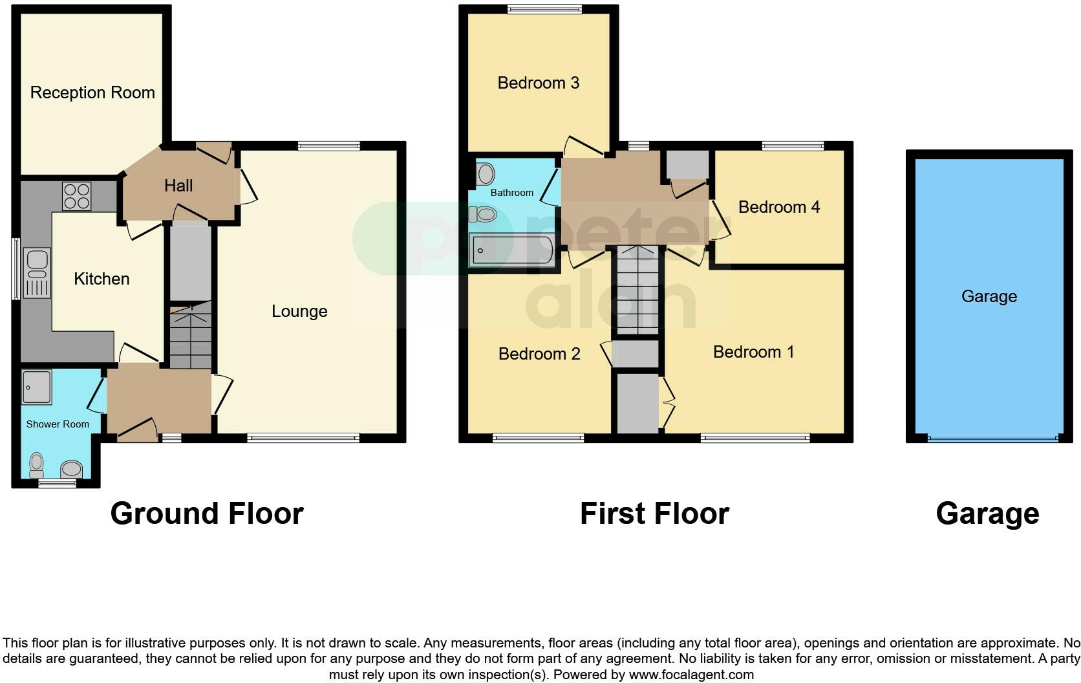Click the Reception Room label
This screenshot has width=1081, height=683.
pyautogui.click(x=92, y=92)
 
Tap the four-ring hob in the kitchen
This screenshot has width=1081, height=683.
pyautogui.click(x=77, y=197)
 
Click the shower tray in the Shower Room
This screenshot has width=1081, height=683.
pyautogui.click(x=36, y=387)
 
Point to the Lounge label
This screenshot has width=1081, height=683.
pyautogui.click(x=299, y=311)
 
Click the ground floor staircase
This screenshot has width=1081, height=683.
pyautogui.click(x=191, y=336)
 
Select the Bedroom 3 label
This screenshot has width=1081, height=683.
pyautogui.click(x=538, y=83)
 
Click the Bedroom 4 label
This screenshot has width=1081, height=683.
pyautogui.click(x=778, y=207)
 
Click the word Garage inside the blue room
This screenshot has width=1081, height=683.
pyautogui.click(x=989, y=296)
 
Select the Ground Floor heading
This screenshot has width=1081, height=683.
pyautogui.click(x=207, y=514)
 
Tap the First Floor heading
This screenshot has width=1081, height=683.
pyautogui.click(x=654, y=514)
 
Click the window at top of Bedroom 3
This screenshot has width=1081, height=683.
pyautogui.click(x=544, y=9)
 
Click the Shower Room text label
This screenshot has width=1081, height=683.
pyautogui.click(x=58, y=424)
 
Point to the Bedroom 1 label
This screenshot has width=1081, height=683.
pyautogui.click(x=753, y=352)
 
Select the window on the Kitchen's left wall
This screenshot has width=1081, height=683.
pyautogui.click(x=16, y=268)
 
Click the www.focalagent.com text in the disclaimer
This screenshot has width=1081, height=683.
pyautogui.click(x=691, y=675)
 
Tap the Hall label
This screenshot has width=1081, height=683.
pyautogui.click(x=178, y=186)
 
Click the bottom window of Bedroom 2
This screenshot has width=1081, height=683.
pyautogui.click(x=538, y=438)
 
